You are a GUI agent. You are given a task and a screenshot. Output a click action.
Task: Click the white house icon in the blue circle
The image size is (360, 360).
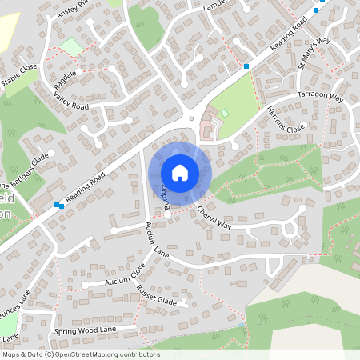pos(180,172)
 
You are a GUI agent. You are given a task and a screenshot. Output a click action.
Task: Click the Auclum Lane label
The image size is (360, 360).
pos(158,238)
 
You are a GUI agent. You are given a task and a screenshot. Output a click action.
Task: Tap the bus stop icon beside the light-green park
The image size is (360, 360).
pos(246,66)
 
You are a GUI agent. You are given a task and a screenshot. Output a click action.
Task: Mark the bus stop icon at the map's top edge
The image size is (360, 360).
pos(316,10)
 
